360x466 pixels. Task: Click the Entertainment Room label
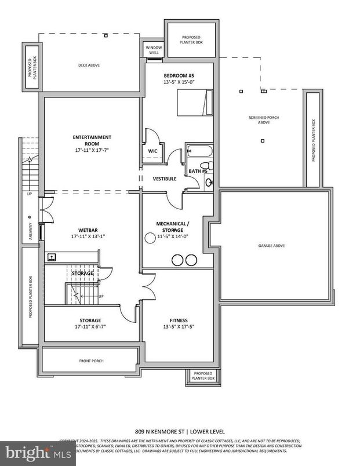click(x=92, y=137)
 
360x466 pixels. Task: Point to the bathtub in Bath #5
click(x=199, y=152)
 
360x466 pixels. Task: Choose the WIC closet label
click(x=153, y=151)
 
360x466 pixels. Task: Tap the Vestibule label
click(x=165, y=179)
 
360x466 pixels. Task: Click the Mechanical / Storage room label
click(x=171, y=223)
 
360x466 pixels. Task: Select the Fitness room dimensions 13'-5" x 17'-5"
click(x=178, y=326)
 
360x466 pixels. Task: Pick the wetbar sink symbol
click(x=52, y=256)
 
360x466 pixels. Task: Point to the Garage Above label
click(x=271, y=246)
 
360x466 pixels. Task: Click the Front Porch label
click(x=91, y=361)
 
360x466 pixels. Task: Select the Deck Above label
click(x=89, y=65)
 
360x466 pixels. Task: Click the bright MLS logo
click(x=37, y=452)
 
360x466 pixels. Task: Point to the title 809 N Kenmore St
click(x=180, y=431)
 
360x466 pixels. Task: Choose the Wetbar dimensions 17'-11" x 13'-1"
click(x=88, y=236)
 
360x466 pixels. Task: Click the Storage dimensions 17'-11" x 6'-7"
click(x=90, y=326)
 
